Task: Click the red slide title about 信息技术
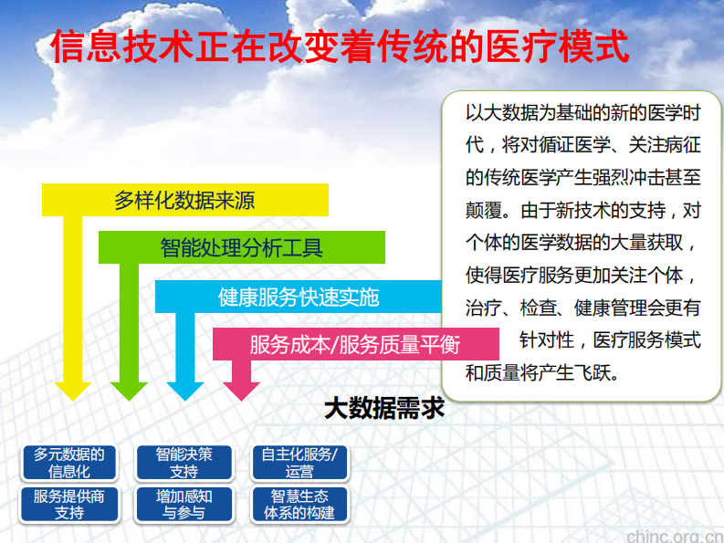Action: [340, 46]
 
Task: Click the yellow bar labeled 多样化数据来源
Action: [184, 200]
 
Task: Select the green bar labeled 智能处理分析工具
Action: [241, 246]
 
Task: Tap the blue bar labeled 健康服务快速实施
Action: [299, 297]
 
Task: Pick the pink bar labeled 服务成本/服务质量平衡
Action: [355, 344]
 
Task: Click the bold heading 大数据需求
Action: [384, 408]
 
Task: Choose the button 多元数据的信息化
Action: [69, 463]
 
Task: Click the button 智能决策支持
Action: [184, 463]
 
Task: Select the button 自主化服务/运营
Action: [299, 463]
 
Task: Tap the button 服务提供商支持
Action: [69, 505]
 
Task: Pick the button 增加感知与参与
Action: [184, 505]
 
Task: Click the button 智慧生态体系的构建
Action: [299, 505]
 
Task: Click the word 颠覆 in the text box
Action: [484, 210]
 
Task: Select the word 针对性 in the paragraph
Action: [547, 340]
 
